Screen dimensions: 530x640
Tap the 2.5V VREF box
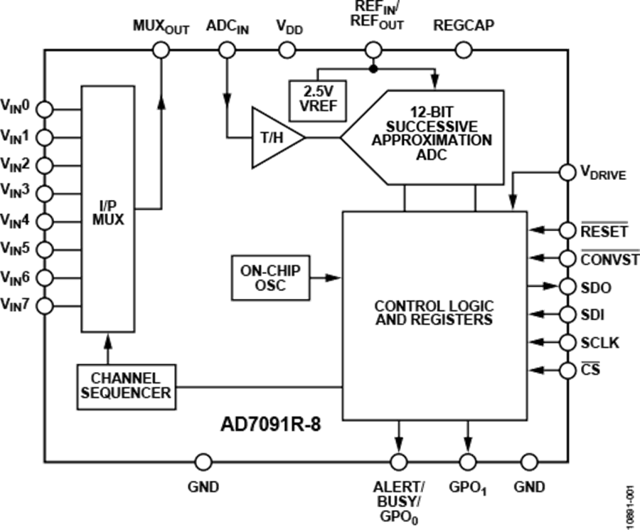pos(314,95)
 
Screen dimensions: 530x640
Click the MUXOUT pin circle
pos(161,49)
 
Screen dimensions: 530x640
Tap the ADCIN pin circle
pos(225,49)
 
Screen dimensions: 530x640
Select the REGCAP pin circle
pos(462,49)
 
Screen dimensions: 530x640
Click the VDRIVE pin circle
pos(567,172)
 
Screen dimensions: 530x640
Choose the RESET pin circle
pos(567,230)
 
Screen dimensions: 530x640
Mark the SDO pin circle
pos(567,287)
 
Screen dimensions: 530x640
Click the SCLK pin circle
pos(567,342)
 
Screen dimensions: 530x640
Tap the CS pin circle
pos(567,370)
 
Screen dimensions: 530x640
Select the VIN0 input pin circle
pos(44,109)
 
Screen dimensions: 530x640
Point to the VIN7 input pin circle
pos(44,305)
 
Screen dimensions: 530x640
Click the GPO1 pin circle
pos(467,462)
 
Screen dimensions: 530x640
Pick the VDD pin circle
pos(287,49)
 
